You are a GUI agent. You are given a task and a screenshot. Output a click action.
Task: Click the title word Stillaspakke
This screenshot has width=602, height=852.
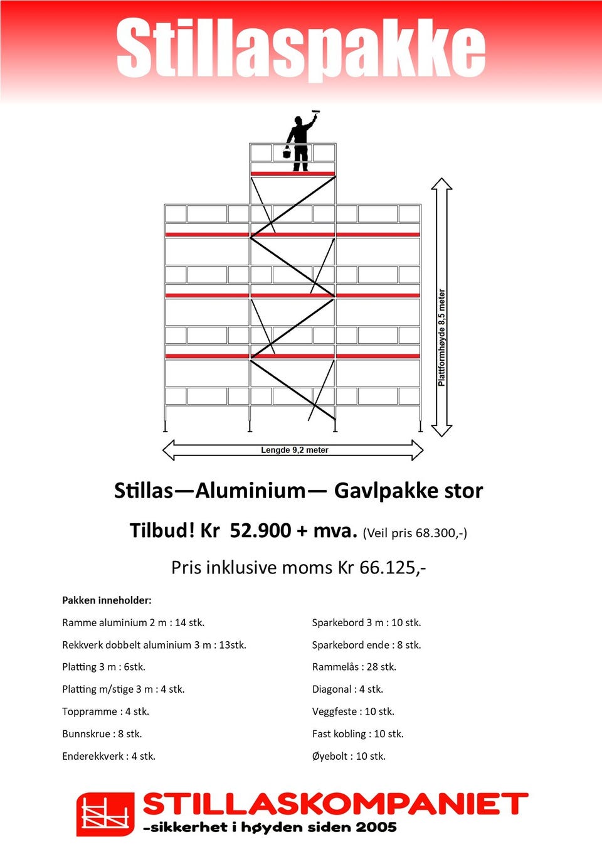pyautogui.click(x=301, y=48)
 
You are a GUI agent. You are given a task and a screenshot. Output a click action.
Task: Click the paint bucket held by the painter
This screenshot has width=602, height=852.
pyautogui.click(x=287, y=152)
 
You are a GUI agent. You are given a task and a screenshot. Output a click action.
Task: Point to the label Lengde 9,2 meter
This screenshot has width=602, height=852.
pyautogui.click(x=294, y=450)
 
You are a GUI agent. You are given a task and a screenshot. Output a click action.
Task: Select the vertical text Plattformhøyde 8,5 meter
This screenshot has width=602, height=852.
pyautogui.click(x=442, y=338)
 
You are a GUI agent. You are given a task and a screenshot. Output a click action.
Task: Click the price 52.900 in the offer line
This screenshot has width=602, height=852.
pyautogui.click(x=260, y=531)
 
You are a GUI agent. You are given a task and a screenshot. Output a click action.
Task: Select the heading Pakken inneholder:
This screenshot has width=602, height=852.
pyautogui.click(x=107, y=600)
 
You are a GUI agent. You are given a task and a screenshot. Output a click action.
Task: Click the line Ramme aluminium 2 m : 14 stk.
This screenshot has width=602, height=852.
pyautogui.click(x=133, y=623)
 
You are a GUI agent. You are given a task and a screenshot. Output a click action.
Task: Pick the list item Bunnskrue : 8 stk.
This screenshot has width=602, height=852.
pyautogui.click(x=102, y=734)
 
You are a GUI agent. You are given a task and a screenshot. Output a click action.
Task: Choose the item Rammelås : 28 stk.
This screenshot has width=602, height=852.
pyautogui.click(x=354, y=667)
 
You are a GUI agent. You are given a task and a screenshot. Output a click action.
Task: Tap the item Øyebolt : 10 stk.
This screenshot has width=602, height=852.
pyautogui.click(x=349, y=757)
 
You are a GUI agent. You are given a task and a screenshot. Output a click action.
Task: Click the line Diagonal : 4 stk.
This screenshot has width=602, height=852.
pyautogui.click(x=347, y=690)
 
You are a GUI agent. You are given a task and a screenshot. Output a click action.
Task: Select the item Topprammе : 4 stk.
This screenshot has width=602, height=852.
pyautogui.click(x=105, y=711)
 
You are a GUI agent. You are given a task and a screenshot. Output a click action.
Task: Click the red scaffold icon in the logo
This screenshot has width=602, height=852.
pyautogui.click(x=105, y=814)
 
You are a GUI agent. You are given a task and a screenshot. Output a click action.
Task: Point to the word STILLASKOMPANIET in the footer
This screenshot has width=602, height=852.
pyautogui.click(x=335, y=804)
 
